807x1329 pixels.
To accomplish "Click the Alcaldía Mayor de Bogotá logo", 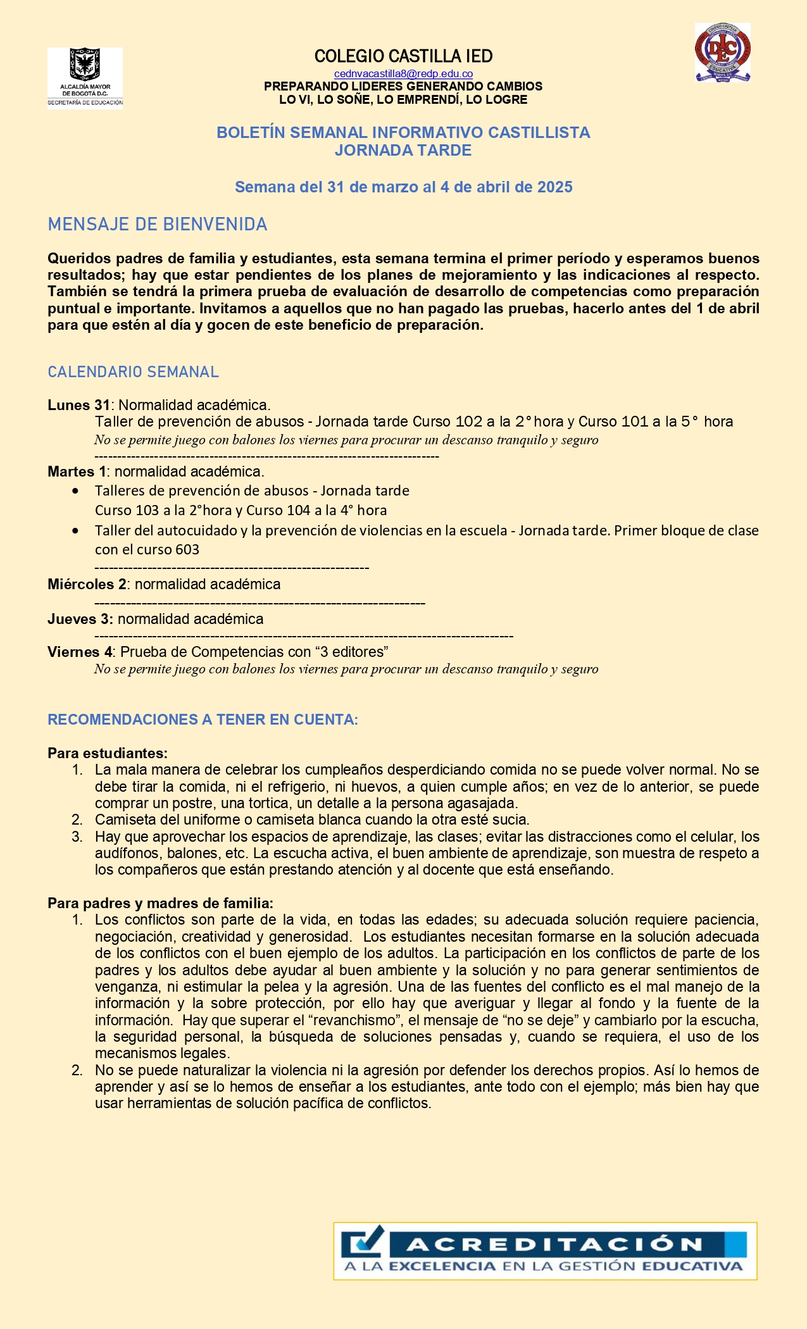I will tap(85, 78).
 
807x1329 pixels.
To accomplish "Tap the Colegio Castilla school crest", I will tap(722, 53).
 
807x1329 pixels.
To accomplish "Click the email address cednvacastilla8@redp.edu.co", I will tap(403, 74).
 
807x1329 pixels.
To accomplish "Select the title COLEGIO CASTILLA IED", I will tap(403, 56).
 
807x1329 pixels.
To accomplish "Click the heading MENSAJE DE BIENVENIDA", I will tap(158, 225).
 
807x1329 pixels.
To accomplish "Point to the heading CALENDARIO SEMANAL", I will tap(133, 372).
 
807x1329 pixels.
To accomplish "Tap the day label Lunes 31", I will tap(78, 405).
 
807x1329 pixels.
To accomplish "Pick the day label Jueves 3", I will tap(80, 619).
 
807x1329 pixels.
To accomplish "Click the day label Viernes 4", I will tap(80, 652).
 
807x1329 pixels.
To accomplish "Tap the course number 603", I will tap(187, 549).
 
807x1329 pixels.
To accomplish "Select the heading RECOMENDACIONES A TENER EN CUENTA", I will tap(203, 720).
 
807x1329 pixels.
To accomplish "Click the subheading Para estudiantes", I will tap(107, 753).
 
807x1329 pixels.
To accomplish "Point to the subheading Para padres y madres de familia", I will tap(160, 903).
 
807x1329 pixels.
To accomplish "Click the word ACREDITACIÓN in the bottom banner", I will tap(554, 1245).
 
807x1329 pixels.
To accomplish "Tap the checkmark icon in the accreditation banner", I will tap(363, 1242).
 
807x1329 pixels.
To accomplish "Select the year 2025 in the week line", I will tap(554, 187).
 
